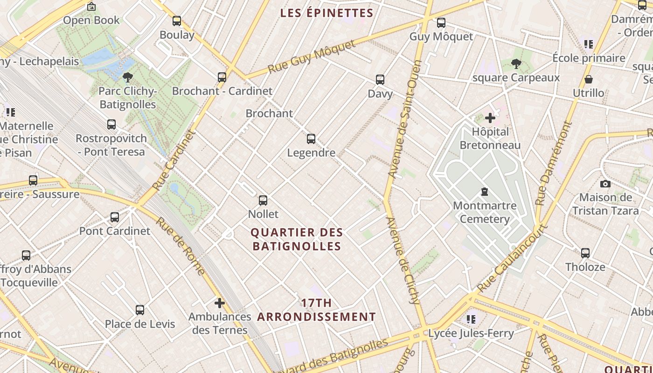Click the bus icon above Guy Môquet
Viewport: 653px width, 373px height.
pyautogui.click(x=441, y=22)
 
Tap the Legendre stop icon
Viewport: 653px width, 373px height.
pyautogui.click(x=311, y=138)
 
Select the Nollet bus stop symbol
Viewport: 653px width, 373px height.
pyautogui.click(x=263, y=200)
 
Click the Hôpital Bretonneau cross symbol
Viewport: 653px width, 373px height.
pyautogui.click(x=490, y=118)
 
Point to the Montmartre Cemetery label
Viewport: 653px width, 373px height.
pyautogui.click(x=485, y=212)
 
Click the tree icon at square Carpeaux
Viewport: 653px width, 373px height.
pyautogui.click(x=516, y=64)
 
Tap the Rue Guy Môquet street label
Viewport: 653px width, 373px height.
pyautogui.click(x=311, y=57)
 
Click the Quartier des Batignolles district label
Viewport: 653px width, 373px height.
pyautogui.click(x=297, y=239)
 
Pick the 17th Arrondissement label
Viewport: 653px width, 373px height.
pyautogui.click(x=316, y=310)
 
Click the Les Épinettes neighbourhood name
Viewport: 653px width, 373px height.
pyautogui.click(x=326, y=13)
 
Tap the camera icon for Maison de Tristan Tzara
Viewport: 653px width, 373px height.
pyautogui.click(x=605, y=184)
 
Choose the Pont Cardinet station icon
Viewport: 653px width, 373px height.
pyautogui.click(x=115, y=217)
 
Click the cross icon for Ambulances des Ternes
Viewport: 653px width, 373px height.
pyautogui.click(x=220, y=303)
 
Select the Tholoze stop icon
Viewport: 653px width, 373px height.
pyautogui.click(x=585, y=253)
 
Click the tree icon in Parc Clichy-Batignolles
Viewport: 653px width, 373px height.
pyautogui.click(x=127, y=77)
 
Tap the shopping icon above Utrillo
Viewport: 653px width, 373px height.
pyautogui.click(x=589, y=79)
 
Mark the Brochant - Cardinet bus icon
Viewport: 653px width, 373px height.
pyautogui.click(x=222, y=77)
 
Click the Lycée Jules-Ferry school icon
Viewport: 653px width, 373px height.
pyautogui.click(x=471, y=319)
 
